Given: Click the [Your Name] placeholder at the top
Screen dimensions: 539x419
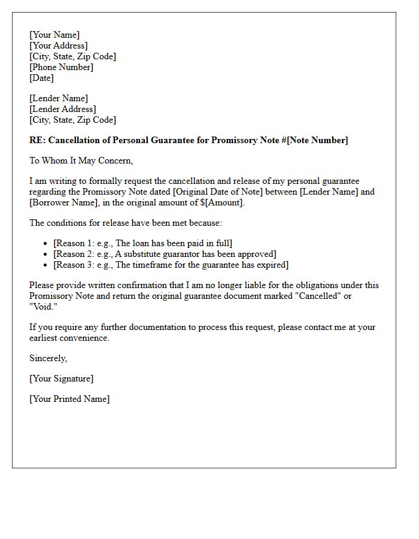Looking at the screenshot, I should point(54,35).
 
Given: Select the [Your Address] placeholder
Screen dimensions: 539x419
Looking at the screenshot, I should point(58,46).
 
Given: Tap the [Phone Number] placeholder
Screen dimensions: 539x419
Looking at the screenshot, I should point(61,67).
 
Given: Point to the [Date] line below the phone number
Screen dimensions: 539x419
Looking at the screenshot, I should point(41,78).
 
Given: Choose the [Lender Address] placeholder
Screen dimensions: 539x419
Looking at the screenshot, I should point(62,109).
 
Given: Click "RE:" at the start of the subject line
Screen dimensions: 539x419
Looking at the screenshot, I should point(37,140).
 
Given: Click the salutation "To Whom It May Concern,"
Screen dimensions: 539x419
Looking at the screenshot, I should point(81,161).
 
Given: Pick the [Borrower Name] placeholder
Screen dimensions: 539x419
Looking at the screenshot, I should point(60,202).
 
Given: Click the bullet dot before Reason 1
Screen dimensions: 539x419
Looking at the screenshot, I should point(45,243).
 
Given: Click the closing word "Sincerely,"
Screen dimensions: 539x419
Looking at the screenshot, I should point(48,358).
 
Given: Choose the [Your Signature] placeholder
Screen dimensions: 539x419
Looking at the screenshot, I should point(61,378).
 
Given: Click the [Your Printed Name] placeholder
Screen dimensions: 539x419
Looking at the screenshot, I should point(69,399).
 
